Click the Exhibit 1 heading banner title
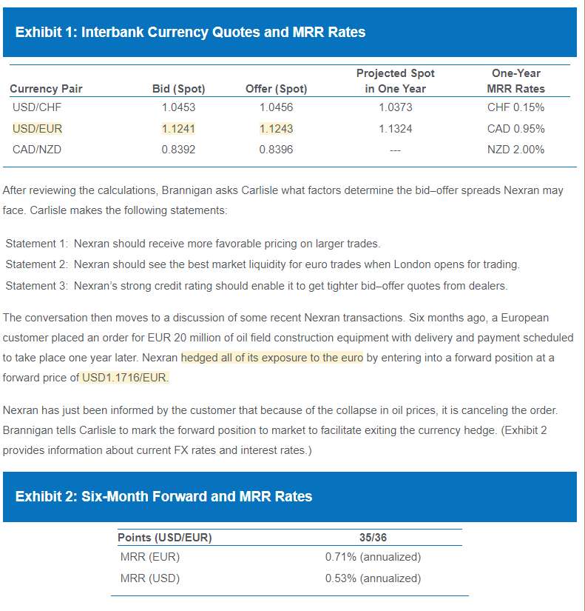[190, 32]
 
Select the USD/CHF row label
[36, 107]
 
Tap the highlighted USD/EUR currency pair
[37, 128]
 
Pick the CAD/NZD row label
[37, 150]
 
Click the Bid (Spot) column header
[178, 89]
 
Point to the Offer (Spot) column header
[276, 89]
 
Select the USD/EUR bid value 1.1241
[178, 128]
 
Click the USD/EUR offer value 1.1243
[276, 128]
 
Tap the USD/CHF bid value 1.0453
[178, 107]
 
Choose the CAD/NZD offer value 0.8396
[276, 150]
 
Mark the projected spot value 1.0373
[395, 107]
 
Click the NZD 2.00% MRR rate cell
[515, 150]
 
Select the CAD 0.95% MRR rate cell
[515, 128]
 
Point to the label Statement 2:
[36, 264]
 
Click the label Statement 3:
[36, 286]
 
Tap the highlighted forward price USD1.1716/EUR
[125, 378]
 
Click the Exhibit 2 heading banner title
[163, 496]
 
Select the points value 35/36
[373, 538]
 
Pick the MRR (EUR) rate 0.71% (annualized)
[373, 557]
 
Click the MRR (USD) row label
[149, 578]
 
